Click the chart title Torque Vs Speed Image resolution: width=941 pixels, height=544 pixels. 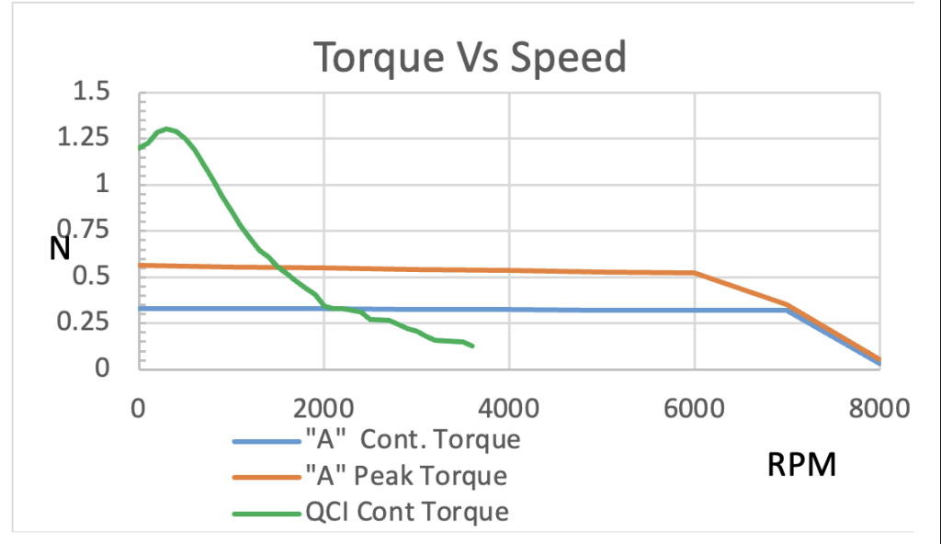click(x=470, y=58)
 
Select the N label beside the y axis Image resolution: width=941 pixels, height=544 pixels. click(x=61, y=248)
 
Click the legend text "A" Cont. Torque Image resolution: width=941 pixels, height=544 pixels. click(x=412, y=439)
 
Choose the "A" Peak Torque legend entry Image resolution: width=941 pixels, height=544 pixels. click(x=405, y=476)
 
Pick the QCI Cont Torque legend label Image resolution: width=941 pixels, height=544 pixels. click(x=406, y=511)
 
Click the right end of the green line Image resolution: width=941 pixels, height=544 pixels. click(x=472, y=346)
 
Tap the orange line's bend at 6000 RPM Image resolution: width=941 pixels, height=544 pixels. click(x=695, y=273)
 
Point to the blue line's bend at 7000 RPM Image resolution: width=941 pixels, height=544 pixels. click(x=788, y=311)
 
